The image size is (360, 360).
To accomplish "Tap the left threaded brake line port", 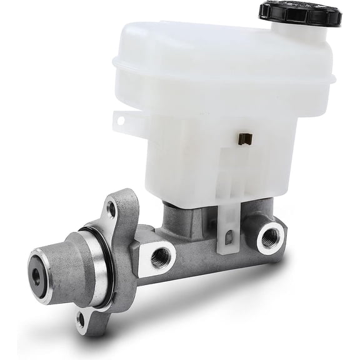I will pyautogui.click(x=164, y=255).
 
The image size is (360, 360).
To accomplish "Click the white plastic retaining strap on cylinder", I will pyautogui.click(x=226, y=231).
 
